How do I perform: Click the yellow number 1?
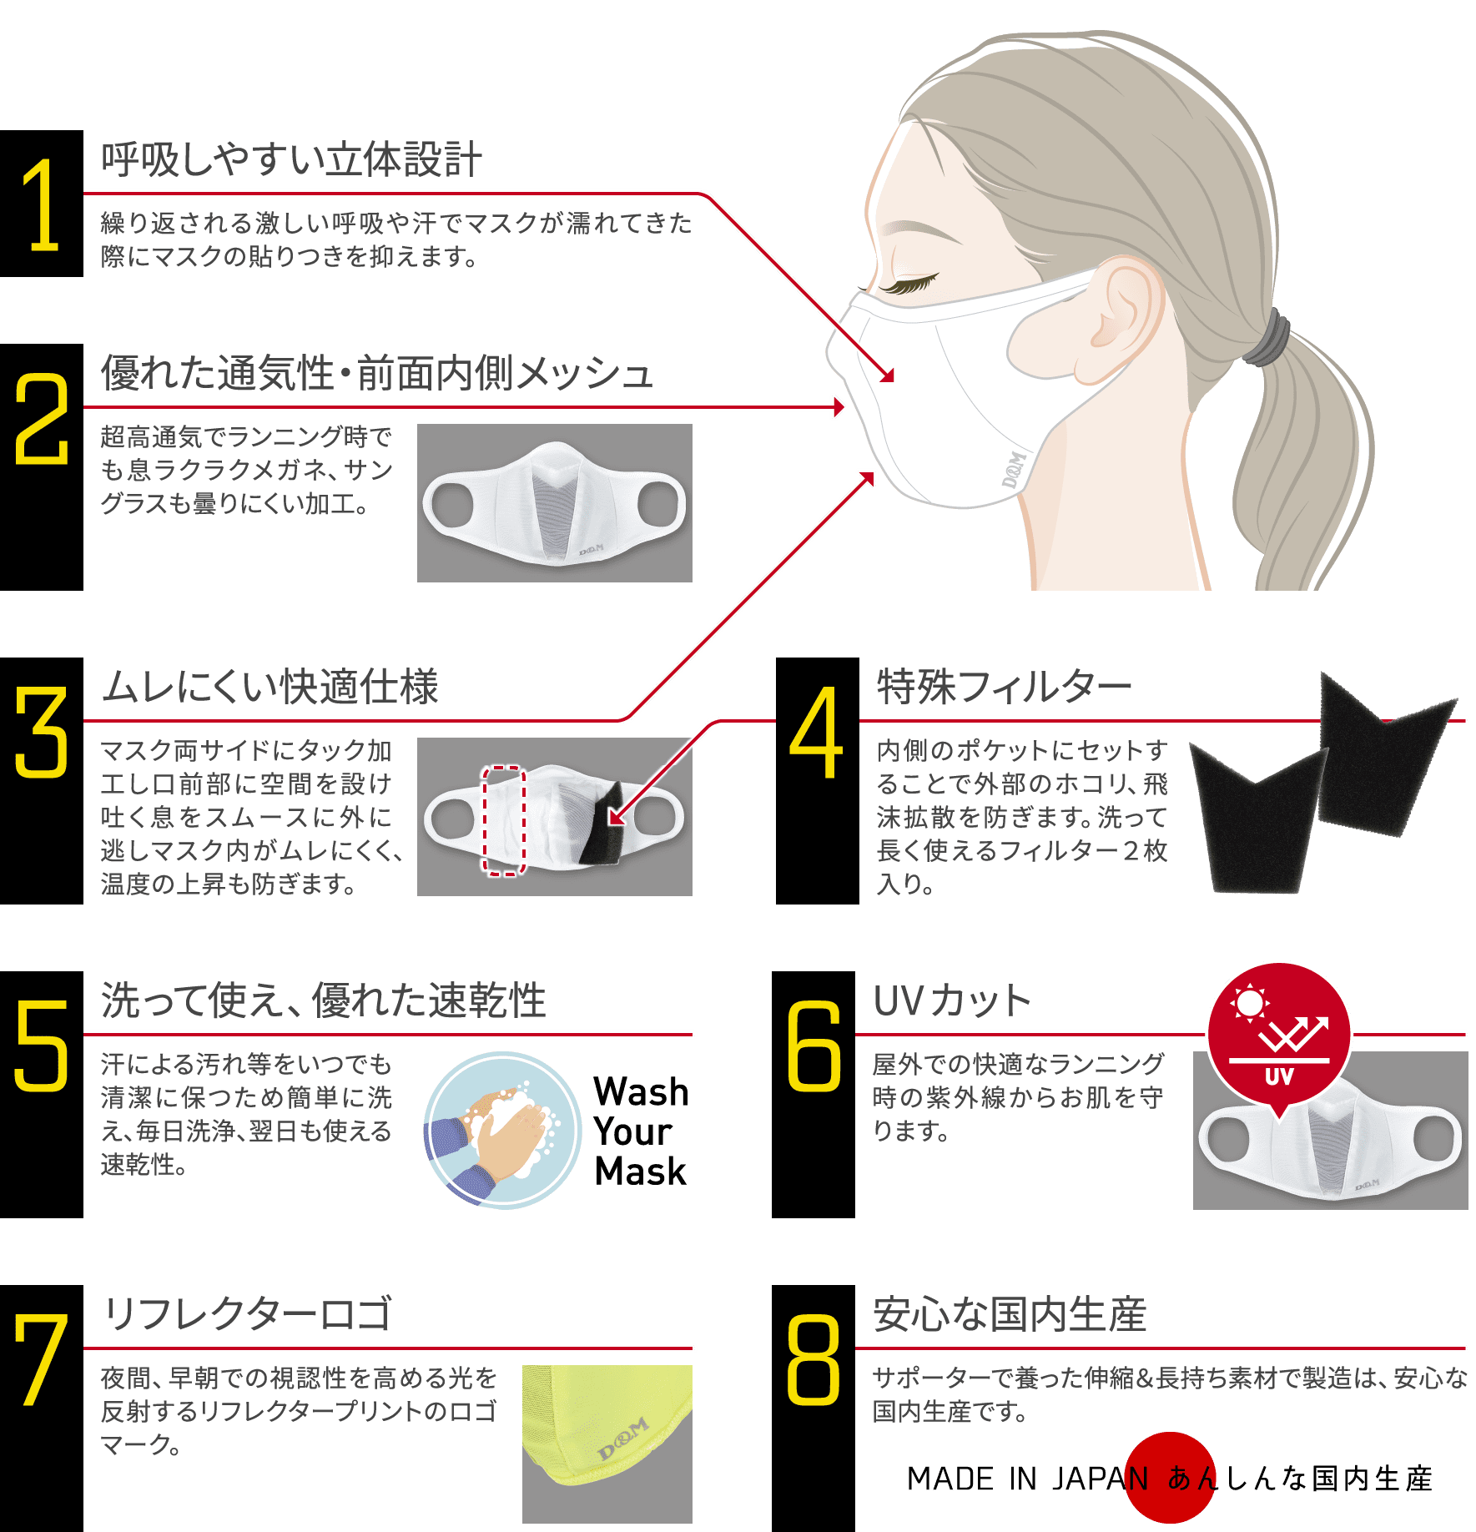[x=42, y=204]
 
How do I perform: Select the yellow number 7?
[x=40, y=1360]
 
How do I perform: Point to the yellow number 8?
[x=813, y=1360]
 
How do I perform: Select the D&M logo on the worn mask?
[x=1014, y=470]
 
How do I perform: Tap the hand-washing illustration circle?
[x=502, y=1131]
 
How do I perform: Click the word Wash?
[x=641, y=1091]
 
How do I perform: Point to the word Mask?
[x=640, y=1172]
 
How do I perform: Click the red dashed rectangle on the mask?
[x=504, y=821]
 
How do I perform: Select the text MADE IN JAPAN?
[x=1027, y=1479]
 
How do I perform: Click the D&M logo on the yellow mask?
[x=623, y=1439]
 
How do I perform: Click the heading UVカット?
[x=951, y=1000]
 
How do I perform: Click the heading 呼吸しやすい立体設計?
[x=291, y=159]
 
